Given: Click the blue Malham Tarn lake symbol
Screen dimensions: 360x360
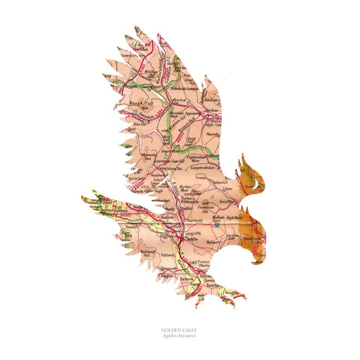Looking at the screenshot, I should point(217,224).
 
